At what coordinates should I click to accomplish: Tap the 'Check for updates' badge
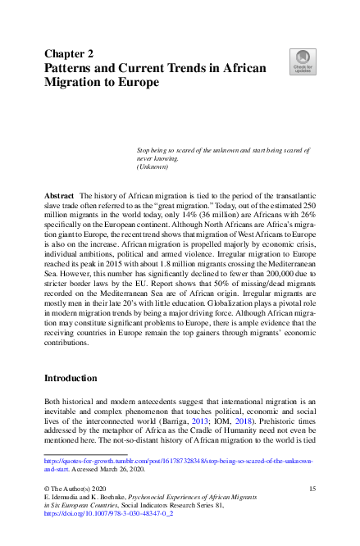click(302, 61)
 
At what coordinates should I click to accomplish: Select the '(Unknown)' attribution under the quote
click(152, 167)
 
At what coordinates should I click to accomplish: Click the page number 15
click(312, 489)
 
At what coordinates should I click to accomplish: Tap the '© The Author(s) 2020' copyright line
click(77, 489)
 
